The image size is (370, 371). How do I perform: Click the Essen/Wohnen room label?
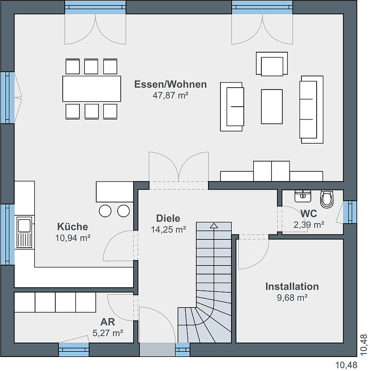(171, 84)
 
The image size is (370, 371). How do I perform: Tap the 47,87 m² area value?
(171, 95)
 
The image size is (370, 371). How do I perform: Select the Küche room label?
(73, 227)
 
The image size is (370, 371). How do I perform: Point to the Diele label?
(168, 218)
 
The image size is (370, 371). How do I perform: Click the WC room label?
(309, 213)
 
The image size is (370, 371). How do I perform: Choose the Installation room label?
(292, 286)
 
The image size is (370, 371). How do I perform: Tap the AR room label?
(108, 322)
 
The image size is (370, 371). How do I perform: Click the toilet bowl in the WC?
(327, 199)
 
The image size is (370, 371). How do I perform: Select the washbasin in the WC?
(303, 196)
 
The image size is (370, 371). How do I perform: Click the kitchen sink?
(24, 232)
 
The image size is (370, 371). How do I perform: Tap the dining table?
(92, 89)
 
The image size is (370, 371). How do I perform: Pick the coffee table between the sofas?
(272, 107)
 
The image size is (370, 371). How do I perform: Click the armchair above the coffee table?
(272, 63)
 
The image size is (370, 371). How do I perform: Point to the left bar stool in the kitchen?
(105, 211)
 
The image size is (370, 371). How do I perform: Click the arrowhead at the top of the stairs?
(214, 225)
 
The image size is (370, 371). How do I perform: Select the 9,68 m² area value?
(292, 297)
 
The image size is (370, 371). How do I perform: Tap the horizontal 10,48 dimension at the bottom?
(346, 365)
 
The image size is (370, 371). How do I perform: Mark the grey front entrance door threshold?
(157, 350)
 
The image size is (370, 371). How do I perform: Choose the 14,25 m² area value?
(168, 229)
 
